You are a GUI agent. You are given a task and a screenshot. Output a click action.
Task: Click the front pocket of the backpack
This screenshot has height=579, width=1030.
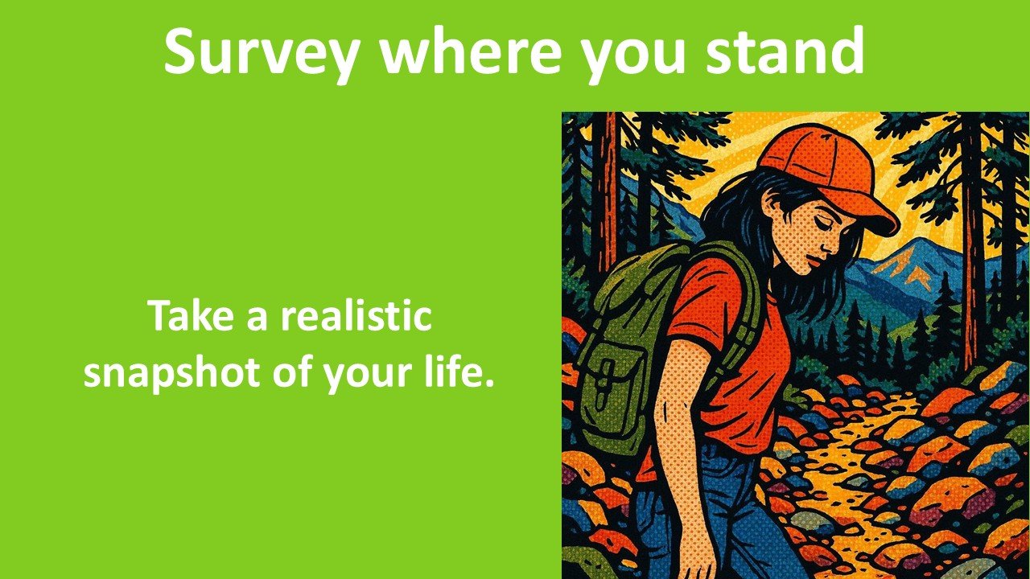tap(611, 394)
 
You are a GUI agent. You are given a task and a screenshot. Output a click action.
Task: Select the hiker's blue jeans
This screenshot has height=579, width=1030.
tap(724, 515)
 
